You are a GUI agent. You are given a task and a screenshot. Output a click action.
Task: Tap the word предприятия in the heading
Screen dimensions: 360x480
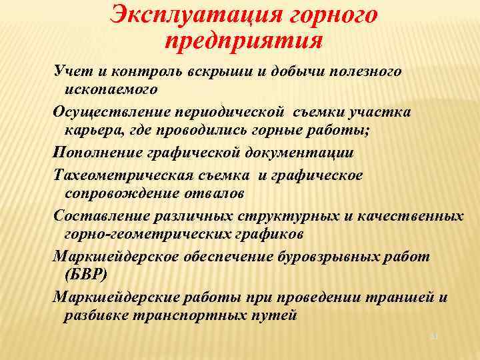tap(243, 41)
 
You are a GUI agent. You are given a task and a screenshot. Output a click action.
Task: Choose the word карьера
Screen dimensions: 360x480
tap(91, 129)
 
